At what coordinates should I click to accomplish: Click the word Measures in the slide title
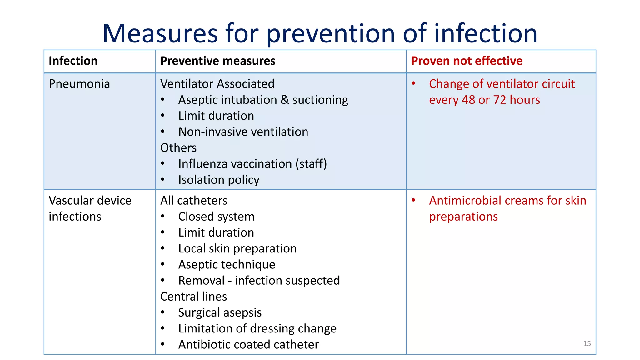(x=160, y=33)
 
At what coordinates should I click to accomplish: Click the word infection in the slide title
(x=486, y=33)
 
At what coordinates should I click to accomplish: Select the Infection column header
(x=73, y=61)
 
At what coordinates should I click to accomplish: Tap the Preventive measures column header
(x=218, y=61)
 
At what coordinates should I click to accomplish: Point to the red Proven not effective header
(x=467, y=61)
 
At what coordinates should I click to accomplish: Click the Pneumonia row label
(x=79, y=84)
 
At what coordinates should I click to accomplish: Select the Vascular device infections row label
(x=90, y=208)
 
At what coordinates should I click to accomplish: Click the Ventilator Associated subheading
(x=217, y=84)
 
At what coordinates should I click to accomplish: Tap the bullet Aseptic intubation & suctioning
(x=263, y=100)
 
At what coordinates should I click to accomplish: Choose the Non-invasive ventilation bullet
(x=243, y=132)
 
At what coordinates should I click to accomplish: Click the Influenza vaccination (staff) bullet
(x=252, y=164)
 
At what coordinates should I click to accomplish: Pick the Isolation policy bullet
(x=219, y=180)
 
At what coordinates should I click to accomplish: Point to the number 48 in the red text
(x=468, y=100)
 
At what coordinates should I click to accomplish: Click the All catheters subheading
(x=194, y=201)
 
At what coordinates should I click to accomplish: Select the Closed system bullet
(x=216, y=217)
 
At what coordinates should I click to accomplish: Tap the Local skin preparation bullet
(x=237, y=249)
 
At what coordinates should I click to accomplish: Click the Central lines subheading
(x=193, y=297)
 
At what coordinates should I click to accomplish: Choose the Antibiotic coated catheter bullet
(x=248, y=345)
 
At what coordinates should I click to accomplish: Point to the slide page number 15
(x=587, y=344)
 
